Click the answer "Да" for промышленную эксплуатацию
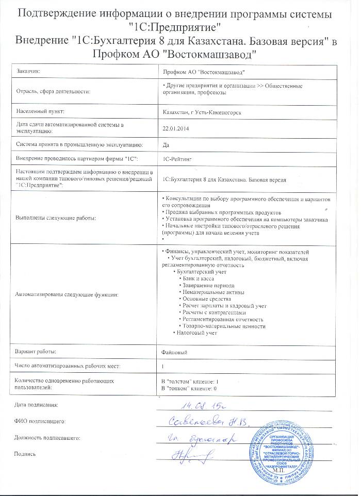(166, 145)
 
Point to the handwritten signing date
(198, 406)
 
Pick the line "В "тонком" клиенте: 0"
(189, 388)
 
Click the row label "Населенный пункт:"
(41, 111)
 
